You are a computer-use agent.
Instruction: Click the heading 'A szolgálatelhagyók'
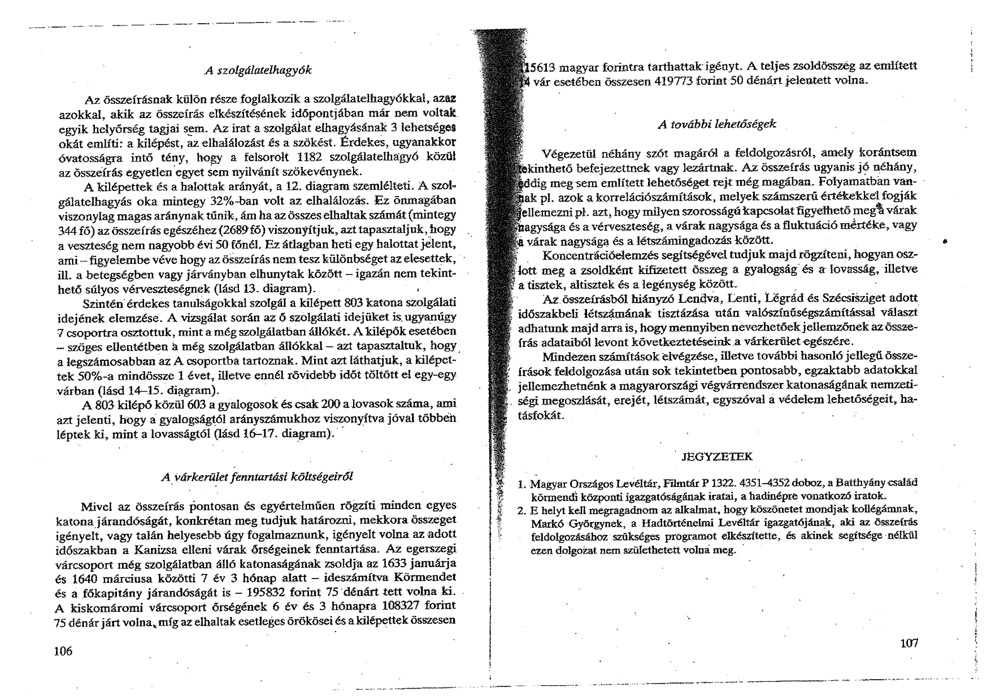point(258,71)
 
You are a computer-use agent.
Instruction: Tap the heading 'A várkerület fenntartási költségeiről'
point(257,476)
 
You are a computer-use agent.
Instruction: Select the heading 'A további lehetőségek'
point(717,124)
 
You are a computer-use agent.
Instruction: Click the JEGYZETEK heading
point(718,456)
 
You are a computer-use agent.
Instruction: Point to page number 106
point(63,651)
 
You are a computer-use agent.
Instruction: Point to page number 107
point(908,642)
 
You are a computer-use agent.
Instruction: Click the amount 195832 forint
point(283,593)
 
